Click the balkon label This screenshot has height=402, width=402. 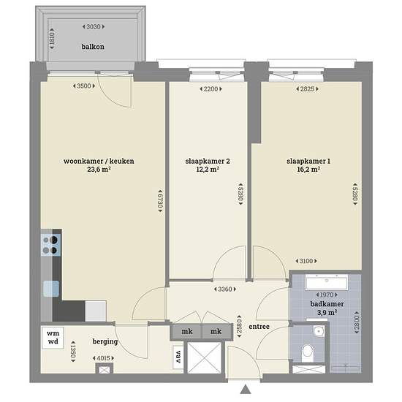click(x=93, y=47)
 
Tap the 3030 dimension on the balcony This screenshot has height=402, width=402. click(x=94, y=26)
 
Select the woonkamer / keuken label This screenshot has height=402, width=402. click(x=99, y=161)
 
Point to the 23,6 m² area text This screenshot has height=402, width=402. click(x=99, y=170)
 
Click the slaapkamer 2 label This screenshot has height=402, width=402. click(x=208, y=161)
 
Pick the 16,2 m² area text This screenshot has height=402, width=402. click(x=308, y=170)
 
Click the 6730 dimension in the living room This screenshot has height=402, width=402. click(x=160, y=201)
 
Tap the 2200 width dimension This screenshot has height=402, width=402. click(x=211, y=89)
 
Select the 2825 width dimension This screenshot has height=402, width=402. click(x=307, y=89)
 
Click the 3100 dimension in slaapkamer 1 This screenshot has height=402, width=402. click(x=306, y=261)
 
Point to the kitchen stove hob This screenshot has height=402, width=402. click(x=50, y=245)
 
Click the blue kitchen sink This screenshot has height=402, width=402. click(x=51, y=289)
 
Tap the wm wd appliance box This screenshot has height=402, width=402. click(x=53, y=338)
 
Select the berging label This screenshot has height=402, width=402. click(x=105, y=341)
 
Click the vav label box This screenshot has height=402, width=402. click(x=178, y=357)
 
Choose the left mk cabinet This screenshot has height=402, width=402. click(x=187, y=331)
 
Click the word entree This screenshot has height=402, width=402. click(x=259, y=327)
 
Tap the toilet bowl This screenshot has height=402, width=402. click(x=308, y=352)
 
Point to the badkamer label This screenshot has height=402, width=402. click(x=327, y=304)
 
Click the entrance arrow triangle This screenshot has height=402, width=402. click(x=246, y=389)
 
